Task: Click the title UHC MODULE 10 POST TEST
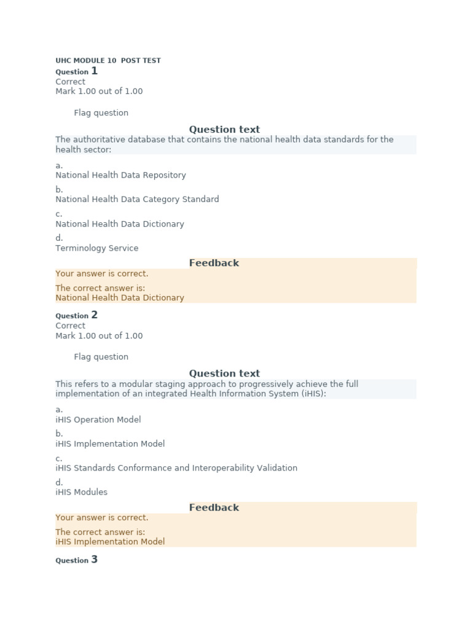[108, 61]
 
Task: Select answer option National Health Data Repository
[120, 175]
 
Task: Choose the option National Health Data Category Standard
[137, 199]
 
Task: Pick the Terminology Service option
[96, 248]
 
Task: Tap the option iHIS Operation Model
[98, 420]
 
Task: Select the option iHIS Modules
[81, 492]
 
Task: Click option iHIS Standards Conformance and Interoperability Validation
[176, 468]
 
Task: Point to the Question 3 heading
[76, 560]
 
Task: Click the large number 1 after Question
[94, 71]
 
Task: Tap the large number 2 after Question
[94, 315]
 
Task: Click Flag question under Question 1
[101, 113]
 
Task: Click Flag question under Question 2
[101, 357]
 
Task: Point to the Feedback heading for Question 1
[214, 263]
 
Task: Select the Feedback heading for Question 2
[214, 507]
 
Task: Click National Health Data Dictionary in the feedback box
[119, 298]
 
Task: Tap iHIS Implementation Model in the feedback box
[109, 542]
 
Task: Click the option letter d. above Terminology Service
[59, 238]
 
